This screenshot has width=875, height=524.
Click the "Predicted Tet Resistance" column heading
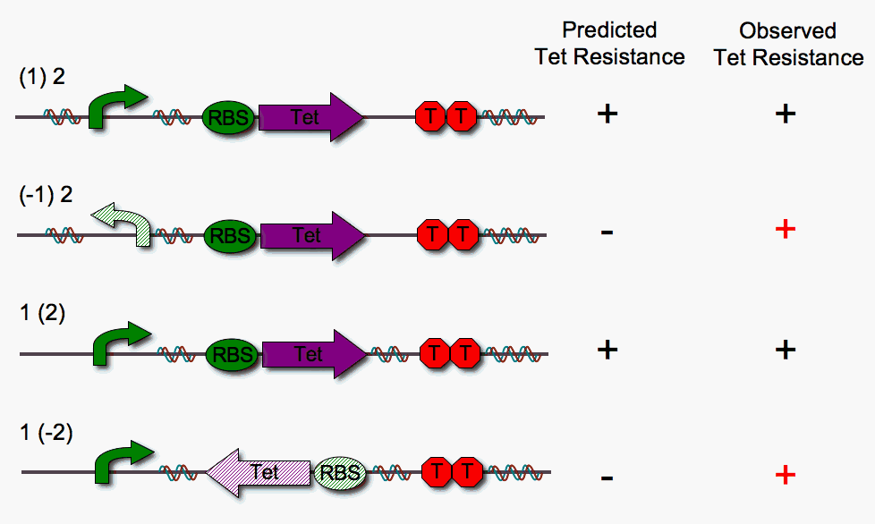(x=609, y=44)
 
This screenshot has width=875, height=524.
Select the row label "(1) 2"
(x=42, y=78)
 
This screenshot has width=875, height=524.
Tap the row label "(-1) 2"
(x=46, y=196)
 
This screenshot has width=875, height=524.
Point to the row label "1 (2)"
(x=42, y=314)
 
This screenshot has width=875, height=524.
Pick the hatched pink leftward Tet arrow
(x=258, y=471)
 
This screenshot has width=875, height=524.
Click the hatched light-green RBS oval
(x=340, y=472)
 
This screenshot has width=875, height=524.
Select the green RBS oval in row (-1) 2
(x=231, y=236)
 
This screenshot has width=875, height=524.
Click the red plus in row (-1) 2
(x=785, y=230)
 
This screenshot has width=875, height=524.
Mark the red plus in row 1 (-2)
(x=785, y=475)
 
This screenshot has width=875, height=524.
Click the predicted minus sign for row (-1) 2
(x=607, y=232)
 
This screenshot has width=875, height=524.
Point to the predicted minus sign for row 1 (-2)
(x=607, y=478)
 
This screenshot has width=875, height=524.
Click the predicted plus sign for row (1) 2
(x=607, y=114)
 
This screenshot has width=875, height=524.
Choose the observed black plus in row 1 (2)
(x=785, y=349)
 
